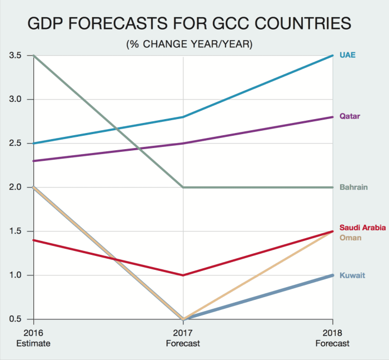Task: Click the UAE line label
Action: (x=347, y=55)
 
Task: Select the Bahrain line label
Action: (x=353, y=187)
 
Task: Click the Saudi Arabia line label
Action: (x=362, y=228)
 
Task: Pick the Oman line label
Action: (x=350, y=238)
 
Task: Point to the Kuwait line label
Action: (x=352, y=275)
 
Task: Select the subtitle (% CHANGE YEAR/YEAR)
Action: (x=189, y=43)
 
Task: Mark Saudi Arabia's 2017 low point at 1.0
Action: (x=183, y=275)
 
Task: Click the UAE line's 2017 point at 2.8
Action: (x=183, y=117)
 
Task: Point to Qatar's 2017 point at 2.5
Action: (x=183, y=143)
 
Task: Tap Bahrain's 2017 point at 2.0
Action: (x=183, y=188)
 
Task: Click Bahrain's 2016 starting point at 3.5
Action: (x=34, y=56)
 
